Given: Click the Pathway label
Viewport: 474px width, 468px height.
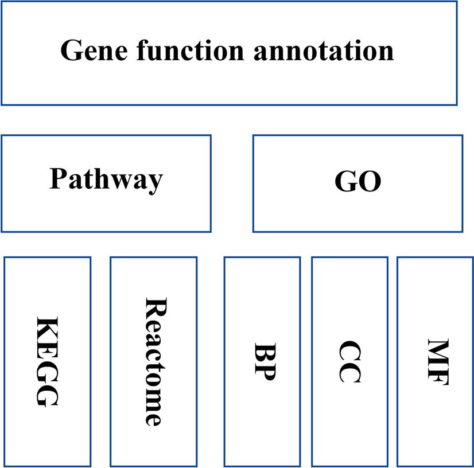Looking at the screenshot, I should pyautogui.click(x=106, y=180).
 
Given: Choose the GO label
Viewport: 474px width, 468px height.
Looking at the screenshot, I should pyautogui.click(x=358, y=183).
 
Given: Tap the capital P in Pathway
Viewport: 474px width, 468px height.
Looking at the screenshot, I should pyautogui.click(x=57, y=179).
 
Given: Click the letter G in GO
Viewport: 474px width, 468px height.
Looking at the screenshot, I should pyautogui.click(x=345, y=183).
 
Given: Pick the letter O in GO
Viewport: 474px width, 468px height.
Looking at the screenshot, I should pyautogui.click(x=370, y=183).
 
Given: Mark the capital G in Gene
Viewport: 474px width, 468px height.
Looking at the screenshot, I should pyautogui.click(x=72, y=50).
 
